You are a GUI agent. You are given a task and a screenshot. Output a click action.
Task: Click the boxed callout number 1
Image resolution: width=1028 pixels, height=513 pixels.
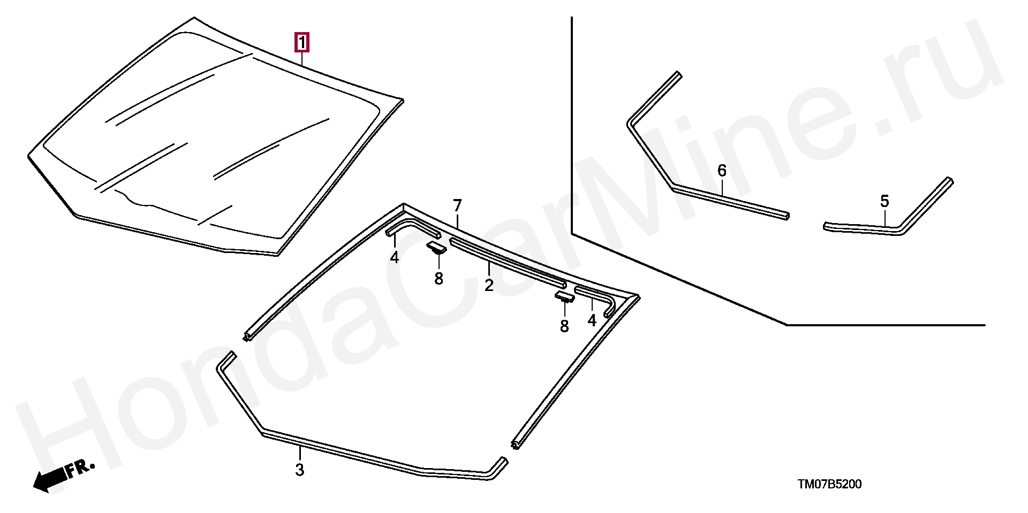pos(303,42)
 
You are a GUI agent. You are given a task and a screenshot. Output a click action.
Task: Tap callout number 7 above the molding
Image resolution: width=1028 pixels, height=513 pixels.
pos(457,205)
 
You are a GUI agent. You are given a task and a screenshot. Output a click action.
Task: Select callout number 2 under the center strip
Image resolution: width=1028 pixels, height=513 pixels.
pos(488,285)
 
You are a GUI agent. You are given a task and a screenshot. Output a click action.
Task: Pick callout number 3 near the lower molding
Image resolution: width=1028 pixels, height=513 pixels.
pos(300,470)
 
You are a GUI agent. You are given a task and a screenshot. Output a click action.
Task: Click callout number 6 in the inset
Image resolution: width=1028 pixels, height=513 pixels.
pos(722,171)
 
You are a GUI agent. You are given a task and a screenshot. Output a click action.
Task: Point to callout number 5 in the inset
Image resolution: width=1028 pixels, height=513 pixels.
pos(885,202)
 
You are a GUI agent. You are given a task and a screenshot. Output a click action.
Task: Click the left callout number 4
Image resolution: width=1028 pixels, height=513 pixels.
pos(395,258)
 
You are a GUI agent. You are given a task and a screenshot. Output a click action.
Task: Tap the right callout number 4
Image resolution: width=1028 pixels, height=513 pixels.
pos(592,320)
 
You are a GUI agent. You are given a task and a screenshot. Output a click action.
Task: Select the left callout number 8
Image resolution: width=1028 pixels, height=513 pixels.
pos(439,279)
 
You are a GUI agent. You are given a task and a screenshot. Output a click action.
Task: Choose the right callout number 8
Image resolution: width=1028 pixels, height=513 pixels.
pos(564,326)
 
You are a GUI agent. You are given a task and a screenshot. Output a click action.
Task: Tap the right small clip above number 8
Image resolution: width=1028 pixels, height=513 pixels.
pos(564,297)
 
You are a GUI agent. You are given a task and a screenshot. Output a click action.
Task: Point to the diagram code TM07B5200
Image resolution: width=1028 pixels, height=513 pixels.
pos(829,485)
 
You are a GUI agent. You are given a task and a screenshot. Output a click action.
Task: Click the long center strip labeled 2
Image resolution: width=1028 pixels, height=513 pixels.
pos(507,262)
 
